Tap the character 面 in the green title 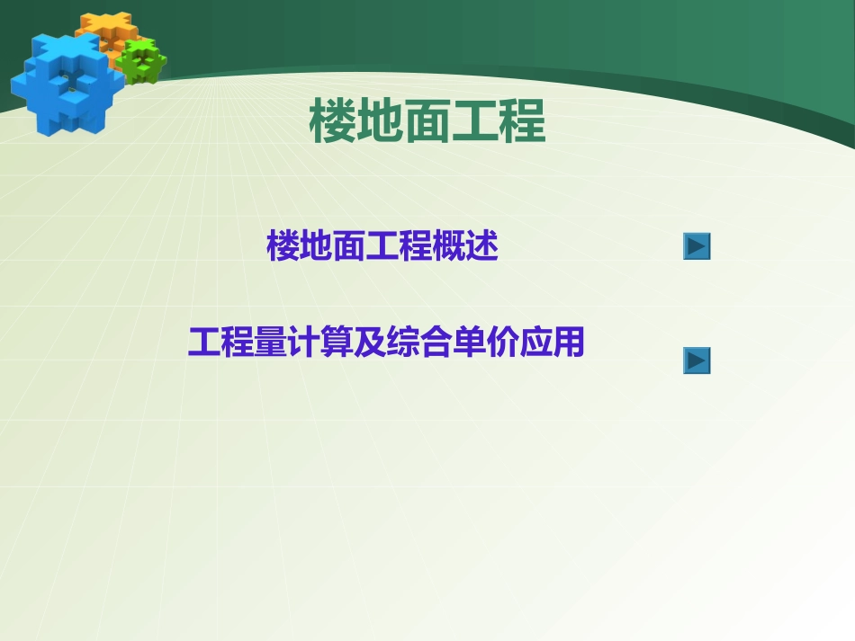tap(427, 122)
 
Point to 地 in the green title tap(380, 122)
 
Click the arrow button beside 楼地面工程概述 tap(697, 246)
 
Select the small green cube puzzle tap(142, 60)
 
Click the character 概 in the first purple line tap(448, 246)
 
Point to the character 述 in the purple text tap(481, 246)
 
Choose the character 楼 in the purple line tap(283, 246)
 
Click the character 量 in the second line tap(271, 343)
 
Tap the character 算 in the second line tap(337, 343)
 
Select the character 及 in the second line tap(370, 343)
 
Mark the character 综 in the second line tap(403, 343)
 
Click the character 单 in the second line tap(469, 343)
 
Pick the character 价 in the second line tap(502, 343)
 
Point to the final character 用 tap(568, 343)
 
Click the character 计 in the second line tap(304, 343)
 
